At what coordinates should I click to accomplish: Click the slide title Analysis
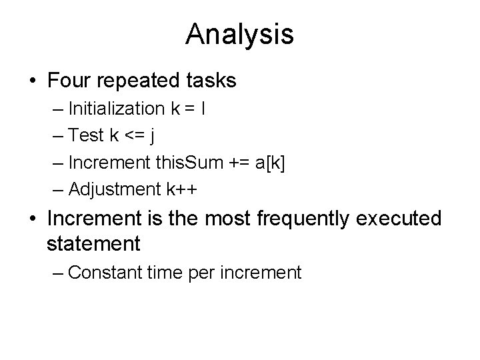tap(240, 34)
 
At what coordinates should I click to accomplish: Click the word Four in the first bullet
tap(70, 81)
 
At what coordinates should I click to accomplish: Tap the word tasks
tap(209, 81)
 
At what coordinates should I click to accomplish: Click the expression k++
tap(182, 189)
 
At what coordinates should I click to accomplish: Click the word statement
tap(94, 243)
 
